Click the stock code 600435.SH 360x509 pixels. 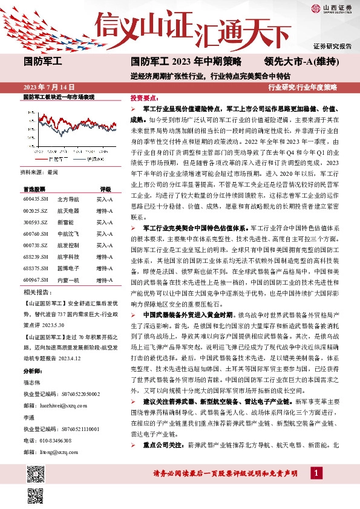pos(36,198)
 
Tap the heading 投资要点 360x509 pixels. pos(145,97)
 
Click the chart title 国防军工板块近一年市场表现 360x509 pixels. pos(59,97)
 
